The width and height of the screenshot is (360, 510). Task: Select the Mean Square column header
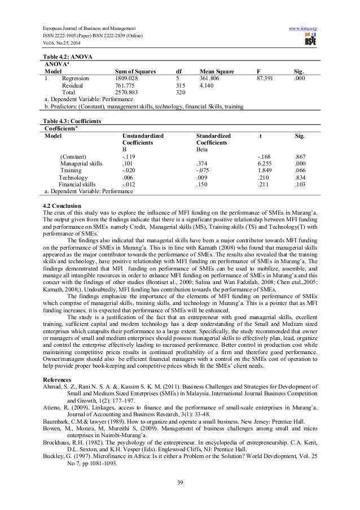(x=217, y=72)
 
